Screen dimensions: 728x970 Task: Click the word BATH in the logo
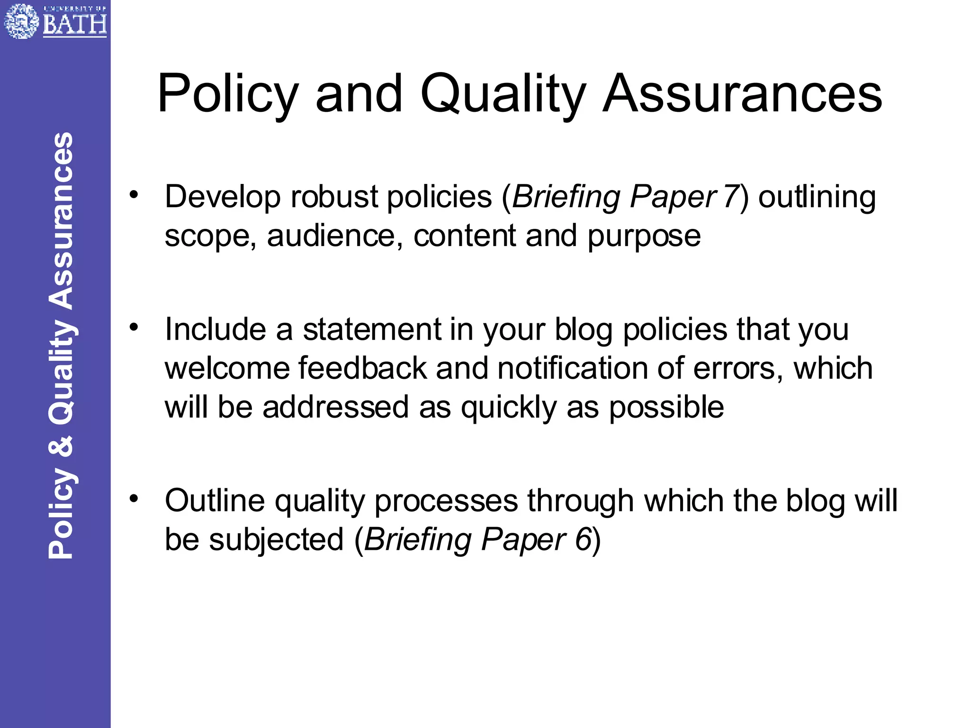coord(75,24)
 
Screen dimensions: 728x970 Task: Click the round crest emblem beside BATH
coord(21,21)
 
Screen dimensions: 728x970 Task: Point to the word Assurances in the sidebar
coord(61,221)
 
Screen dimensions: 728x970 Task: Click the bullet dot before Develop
coord(135,194)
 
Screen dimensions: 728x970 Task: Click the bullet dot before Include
coord(135,327)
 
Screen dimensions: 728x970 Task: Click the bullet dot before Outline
coord(135,498)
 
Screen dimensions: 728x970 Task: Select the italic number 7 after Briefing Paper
coord(731,197)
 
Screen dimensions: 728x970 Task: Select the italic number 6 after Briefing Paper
coord(583,539)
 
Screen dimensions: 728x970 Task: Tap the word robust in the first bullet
coord(334,197)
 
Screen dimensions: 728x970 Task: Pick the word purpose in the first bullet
coord(644,236)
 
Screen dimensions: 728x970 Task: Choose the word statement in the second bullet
coord(372,329)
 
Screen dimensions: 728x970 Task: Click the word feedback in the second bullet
coord(362,368)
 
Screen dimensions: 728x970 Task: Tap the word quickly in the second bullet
coord(509,407)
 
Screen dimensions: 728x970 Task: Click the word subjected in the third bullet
coord(276,539)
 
